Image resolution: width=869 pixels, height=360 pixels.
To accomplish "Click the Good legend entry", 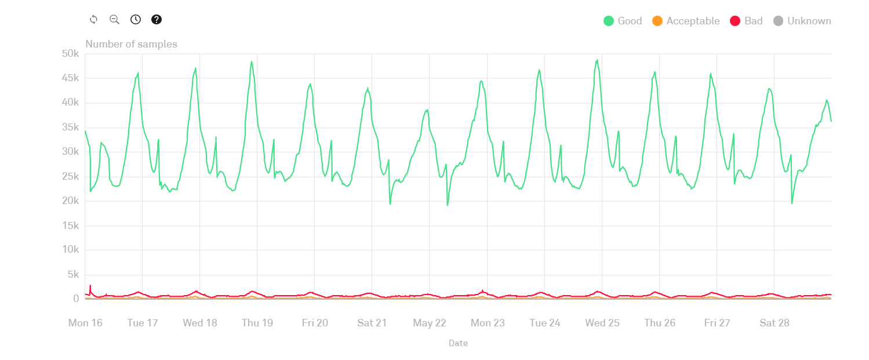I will coord(623,21).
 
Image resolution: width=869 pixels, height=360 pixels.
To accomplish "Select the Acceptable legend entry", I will coord(686,21).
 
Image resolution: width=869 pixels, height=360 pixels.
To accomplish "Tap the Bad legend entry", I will coord(746,21).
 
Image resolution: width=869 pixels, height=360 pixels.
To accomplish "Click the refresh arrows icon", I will coord(93,20).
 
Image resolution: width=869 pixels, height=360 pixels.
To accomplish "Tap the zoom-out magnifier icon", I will coord(114,20).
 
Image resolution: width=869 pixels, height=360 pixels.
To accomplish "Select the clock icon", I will coord(136,20).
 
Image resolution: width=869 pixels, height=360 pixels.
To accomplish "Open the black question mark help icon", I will coord(157,20).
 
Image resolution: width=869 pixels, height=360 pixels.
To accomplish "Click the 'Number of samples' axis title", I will coord(132,44).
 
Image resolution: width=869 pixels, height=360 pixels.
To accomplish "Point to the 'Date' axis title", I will coord(458,343).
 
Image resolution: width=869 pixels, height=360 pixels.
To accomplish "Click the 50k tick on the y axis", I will coord(70,54).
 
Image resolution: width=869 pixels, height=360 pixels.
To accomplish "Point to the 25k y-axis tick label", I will coord(70,176).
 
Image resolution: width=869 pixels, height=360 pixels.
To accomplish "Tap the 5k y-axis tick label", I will coord(73,274).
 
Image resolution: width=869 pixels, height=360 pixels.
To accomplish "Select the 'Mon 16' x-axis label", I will coord(85,323).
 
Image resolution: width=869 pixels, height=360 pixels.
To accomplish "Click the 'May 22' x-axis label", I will coord(430,323).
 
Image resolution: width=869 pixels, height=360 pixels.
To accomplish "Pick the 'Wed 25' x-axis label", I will coord(602,323).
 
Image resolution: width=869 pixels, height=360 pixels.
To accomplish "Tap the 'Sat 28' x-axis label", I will coord(775,323).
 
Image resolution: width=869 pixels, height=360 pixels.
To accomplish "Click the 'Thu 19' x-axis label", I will coord(257,323).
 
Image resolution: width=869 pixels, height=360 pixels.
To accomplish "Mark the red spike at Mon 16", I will coord(90,286).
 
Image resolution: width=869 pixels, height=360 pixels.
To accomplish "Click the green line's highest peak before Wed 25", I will coord(597,60).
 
